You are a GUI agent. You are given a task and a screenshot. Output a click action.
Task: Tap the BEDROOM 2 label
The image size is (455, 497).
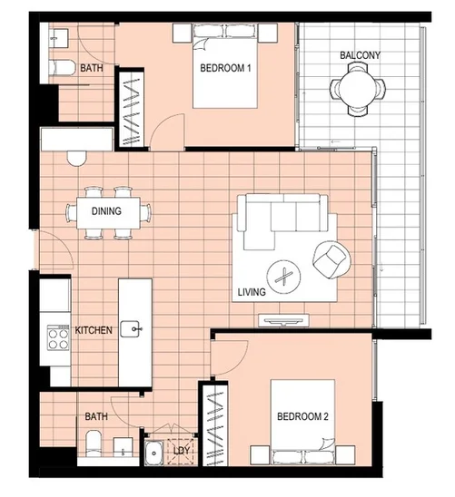coord(305,418)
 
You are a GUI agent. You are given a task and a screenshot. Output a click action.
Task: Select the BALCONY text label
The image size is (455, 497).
coord(360,55)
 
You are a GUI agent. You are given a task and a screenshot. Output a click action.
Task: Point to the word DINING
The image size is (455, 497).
coord(107,212)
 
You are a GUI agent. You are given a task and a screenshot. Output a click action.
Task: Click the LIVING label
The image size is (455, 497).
coord(251,293)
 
